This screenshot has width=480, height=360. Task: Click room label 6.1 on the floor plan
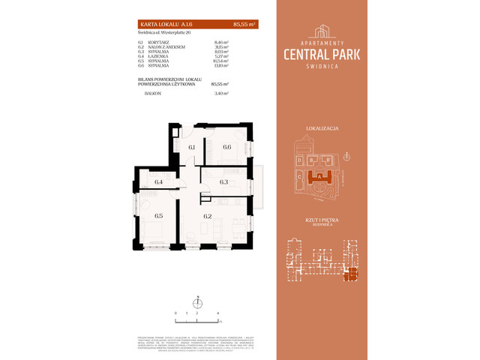[x=191, y=147]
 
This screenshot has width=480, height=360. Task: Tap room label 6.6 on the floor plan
[x=226, y=147]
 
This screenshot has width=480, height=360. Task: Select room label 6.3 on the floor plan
[x=223, y=181]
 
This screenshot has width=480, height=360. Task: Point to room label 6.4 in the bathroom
[x=158, y=181]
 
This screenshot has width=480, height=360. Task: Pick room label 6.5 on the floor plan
[x=158, y=216]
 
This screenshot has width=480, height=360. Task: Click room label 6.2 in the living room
[x=208, y=216]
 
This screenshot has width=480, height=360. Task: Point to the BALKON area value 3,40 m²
[x=220, y=94]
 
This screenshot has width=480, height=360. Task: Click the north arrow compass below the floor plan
[x=197, y=303]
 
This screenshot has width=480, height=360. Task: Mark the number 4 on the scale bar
[x=217, y=311]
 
